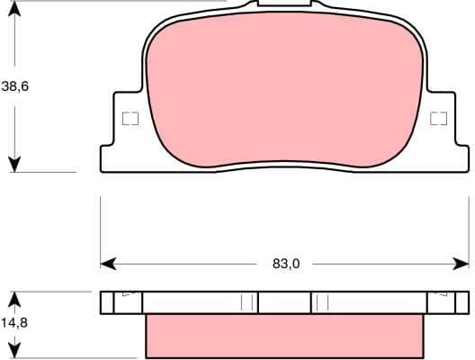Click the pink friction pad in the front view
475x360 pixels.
tap(283, 90)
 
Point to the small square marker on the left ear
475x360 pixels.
tap(130, 118)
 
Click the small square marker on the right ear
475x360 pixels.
tap(439, 118)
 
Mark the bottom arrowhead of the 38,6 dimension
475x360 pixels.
tap(14, 164)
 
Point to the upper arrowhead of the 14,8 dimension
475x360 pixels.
tap(14, 298)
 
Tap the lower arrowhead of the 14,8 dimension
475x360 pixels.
tap(14, 351)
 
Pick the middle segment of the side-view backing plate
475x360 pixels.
tap(284, 302)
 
